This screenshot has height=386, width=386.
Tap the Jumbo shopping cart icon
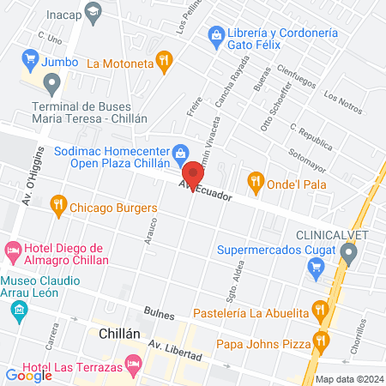pyautogui.click(x=31, y=61)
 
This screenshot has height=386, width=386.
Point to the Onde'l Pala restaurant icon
pyautogui.click(x=255, y=180)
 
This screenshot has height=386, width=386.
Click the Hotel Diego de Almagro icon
pyautogui.click(x=13, y=251)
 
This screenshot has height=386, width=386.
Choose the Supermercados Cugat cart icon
pyautogui.click(x=315, y=268)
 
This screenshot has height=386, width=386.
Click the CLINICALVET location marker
pyautogui.click(x=348, y=252)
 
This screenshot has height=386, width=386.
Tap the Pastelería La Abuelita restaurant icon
pyautogui.click(x=321, y=309)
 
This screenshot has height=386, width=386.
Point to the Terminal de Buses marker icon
pyautogui.click(x=53, y=85)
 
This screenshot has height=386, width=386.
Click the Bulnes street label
pyautogui.click(x=160, y=316)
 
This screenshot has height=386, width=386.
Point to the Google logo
pyautogui.click(x=28, y=375)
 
